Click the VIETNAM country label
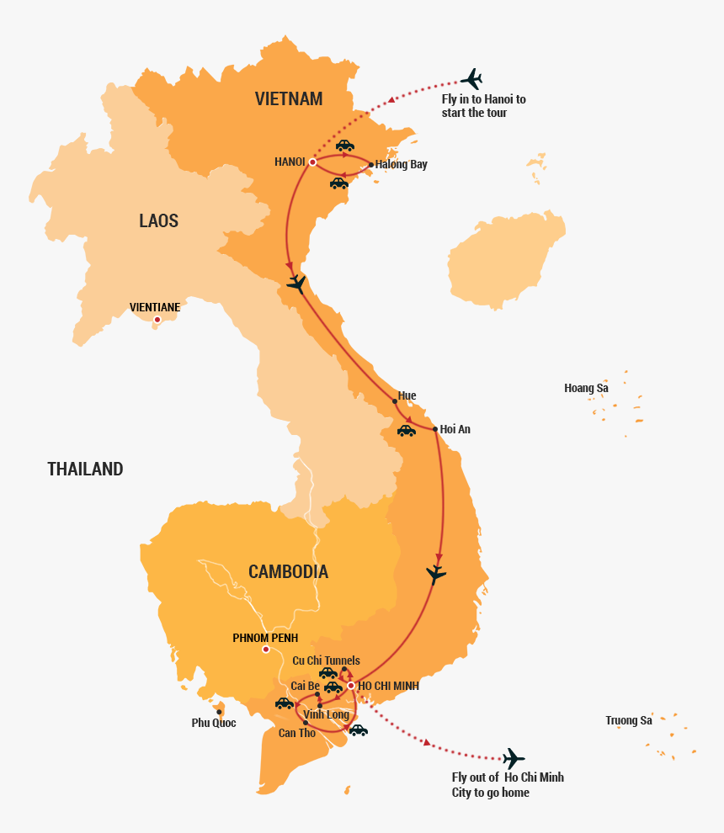click(289, 99)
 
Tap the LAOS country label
click(159, 221)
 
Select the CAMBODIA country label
click(288, 572)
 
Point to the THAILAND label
click(85, 470)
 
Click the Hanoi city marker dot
click(312, 162)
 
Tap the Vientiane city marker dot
click(157, 319)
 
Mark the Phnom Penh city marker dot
click(265, 650)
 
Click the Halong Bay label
click(402, 165)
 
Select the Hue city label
click(407, 395)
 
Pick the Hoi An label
click(455, 429)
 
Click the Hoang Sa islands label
click(586, 388)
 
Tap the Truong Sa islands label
click(629, 720)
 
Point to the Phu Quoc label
click(214, 723)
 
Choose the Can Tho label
click(297, 733)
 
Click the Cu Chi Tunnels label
click(326, 661)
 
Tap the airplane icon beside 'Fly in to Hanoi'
click(471, 79)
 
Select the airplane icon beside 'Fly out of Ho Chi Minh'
click(512, 758)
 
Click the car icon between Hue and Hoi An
click(407, 431)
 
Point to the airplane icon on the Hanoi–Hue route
click(296, 284)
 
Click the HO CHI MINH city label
click(388, 687)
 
